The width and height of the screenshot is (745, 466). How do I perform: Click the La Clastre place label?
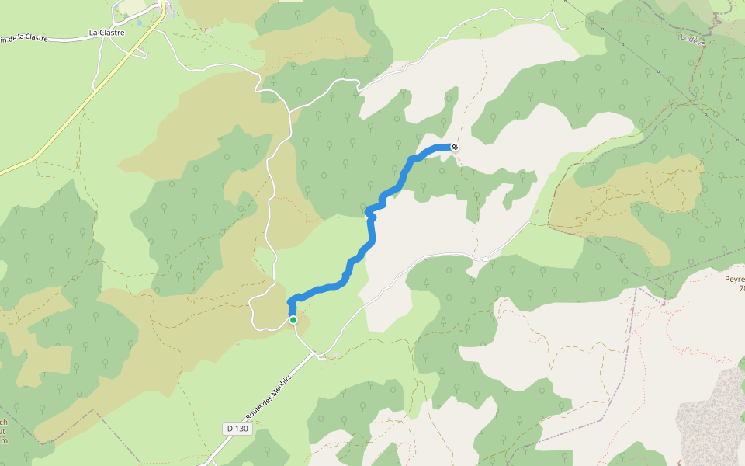[x=106, y=33]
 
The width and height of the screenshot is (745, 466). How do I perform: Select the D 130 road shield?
[x=238, y=429]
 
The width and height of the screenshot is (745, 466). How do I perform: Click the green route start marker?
[x=293, y=319]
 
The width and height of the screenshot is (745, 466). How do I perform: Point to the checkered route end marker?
[x=454, y=147]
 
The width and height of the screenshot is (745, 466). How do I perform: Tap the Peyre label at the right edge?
[x=733, y=279]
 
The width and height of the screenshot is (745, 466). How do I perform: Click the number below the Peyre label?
[x=741, y=288]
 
